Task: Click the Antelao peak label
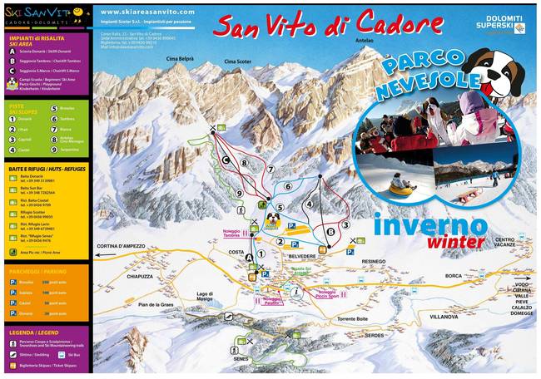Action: coord(364,42)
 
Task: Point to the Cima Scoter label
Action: coord(237,62)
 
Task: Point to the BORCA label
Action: coord(453,275)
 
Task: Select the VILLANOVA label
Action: coord(444,317)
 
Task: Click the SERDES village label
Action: coord(375,335)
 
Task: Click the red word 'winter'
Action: coord(457,242)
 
